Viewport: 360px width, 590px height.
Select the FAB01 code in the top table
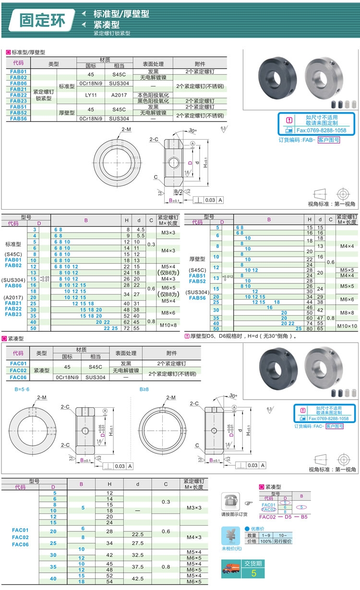(x=18, y=71)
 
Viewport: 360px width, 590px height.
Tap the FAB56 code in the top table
(x=18, y=118)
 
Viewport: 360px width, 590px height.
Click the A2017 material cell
(x=119, y=95)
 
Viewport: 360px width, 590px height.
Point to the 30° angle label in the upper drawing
(x=193, y=130)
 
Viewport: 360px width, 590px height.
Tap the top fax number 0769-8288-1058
(x=321, y=130)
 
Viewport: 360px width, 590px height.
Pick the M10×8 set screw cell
(x=168, y=325)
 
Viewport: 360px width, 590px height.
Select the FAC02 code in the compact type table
(x=18, y=370)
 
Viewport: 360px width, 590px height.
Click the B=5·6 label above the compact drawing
(x=22, y=389)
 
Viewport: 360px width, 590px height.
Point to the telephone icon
(x=230, y=502)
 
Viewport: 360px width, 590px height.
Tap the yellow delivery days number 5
(x=253, y=573)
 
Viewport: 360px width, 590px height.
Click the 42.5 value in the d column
(x=137, y=578)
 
